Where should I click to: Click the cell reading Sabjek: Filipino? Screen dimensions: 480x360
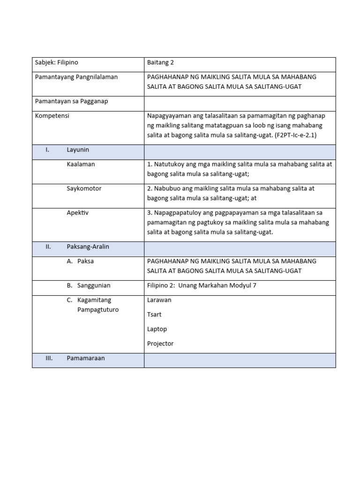click(x=57, y=62)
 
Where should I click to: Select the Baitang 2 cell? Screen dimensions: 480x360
click(x=160, y=62)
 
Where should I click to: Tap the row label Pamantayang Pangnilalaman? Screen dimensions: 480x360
click(x=76, y=77)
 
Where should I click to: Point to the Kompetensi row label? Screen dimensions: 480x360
click(x=52, y=116)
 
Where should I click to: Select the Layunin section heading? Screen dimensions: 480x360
click(x=78, y=150)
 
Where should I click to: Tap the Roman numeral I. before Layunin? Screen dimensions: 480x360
click(x=47, y=150)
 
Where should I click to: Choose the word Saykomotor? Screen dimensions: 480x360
click(x=84, y=188)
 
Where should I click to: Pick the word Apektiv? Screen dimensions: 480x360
click(x=77, y=213)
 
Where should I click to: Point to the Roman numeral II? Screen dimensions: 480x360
click(x=48, y=247)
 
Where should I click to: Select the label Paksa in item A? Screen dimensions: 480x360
click(x=86, y=261)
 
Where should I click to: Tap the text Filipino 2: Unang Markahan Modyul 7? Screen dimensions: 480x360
click(x=202, y=285)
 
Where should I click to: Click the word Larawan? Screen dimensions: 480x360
click(x=159, y=300)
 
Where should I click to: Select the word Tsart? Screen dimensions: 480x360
click(x=154, y=315)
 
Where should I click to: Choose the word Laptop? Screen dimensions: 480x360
click(x=157, y=329)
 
